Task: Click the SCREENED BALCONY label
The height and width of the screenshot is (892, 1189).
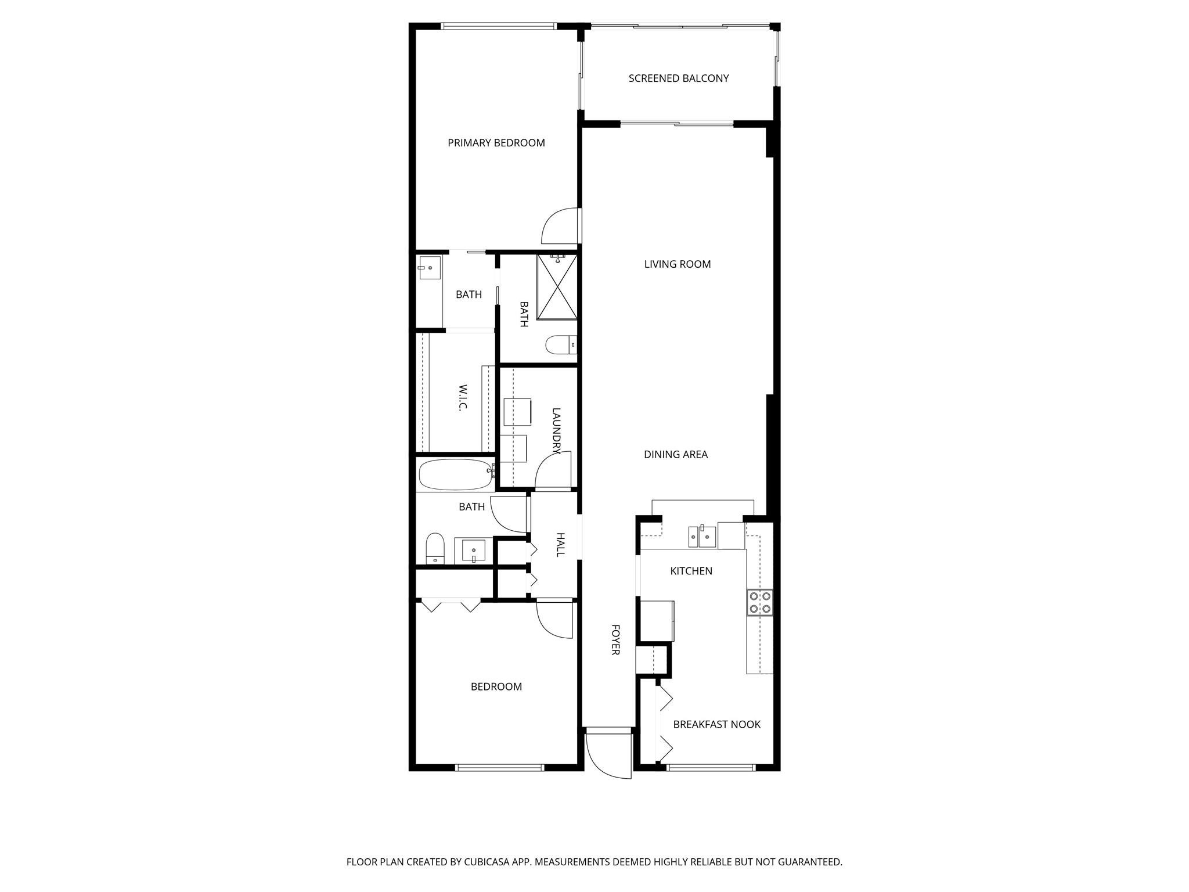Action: tap(678, 78)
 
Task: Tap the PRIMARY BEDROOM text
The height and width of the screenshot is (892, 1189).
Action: tap(496, 143)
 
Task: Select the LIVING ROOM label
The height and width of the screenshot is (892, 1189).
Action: tap(677, 264)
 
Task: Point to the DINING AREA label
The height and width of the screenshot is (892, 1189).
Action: tap(675, 455)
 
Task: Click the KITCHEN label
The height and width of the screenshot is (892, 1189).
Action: tap(691, 571)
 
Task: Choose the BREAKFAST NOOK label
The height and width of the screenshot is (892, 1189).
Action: tap(716, 725)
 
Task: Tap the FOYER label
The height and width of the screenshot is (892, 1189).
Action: tap(615, 639)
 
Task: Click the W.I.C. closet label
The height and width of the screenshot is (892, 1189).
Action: tap(463, 397)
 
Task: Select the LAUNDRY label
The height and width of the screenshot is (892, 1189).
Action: tap(556, 430)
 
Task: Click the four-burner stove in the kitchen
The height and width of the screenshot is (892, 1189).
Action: tap(759, 602)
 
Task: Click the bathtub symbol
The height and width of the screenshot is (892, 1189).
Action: tap(455, 475)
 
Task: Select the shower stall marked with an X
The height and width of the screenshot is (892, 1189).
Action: tap(557, 287)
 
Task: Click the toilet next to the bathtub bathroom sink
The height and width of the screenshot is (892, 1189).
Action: tap(435, 548)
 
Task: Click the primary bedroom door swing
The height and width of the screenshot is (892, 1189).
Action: tap(559, 226)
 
